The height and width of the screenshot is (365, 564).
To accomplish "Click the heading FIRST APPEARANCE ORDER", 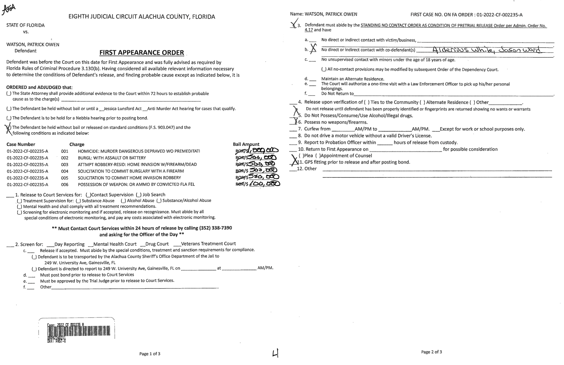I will click(x=142, y=53).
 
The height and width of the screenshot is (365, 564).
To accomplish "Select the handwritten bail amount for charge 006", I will click(x=264, y=184).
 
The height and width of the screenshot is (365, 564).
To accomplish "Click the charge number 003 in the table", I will click(x=65, y=164).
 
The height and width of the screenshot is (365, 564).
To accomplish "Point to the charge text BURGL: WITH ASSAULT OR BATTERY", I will click(x=112, y=158).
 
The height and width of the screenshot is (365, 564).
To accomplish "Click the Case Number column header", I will click(x=21, y=144).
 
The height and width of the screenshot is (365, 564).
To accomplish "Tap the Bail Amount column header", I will click(x=246, y=144).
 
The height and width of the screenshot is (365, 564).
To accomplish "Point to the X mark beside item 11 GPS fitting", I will click(x=294, y=160).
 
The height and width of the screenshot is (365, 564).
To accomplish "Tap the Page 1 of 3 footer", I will click(x=150, y=354).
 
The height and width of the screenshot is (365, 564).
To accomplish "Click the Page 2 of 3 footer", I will click(x=431, y=352).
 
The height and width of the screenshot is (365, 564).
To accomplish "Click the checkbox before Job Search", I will click(x=139, y=195).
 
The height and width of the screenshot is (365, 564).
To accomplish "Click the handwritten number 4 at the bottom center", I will click(x=275, y=354).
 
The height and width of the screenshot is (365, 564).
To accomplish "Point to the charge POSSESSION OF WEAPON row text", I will click(x=136, y=185).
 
